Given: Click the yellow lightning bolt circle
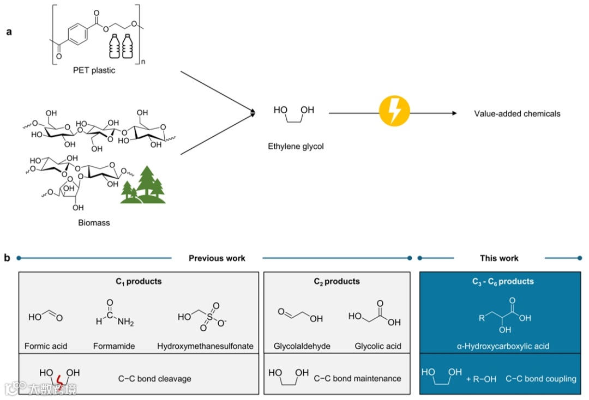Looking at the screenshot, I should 394,113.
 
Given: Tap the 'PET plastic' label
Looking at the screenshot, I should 94,70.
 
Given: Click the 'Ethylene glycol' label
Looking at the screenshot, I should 296,146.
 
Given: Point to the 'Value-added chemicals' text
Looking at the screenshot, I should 517,113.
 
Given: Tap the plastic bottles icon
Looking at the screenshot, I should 122,46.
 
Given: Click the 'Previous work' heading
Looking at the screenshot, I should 217,258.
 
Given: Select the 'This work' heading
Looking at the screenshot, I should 500,258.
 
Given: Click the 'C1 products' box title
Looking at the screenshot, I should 139,281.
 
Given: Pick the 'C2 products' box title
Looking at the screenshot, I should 336,281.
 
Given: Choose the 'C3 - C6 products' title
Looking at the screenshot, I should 503,281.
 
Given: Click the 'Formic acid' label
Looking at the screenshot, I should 46,346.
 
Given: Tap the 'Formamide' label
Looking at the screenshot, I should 114,346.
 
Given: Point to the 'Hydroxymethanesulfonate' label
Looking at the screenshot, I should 205,346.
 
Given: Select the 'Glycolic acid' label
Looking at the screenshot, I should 378,346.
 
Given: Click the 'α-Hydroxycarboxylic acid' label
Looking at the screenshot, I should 503,346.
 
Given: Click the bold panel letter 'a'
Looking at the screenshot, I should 9,32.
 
